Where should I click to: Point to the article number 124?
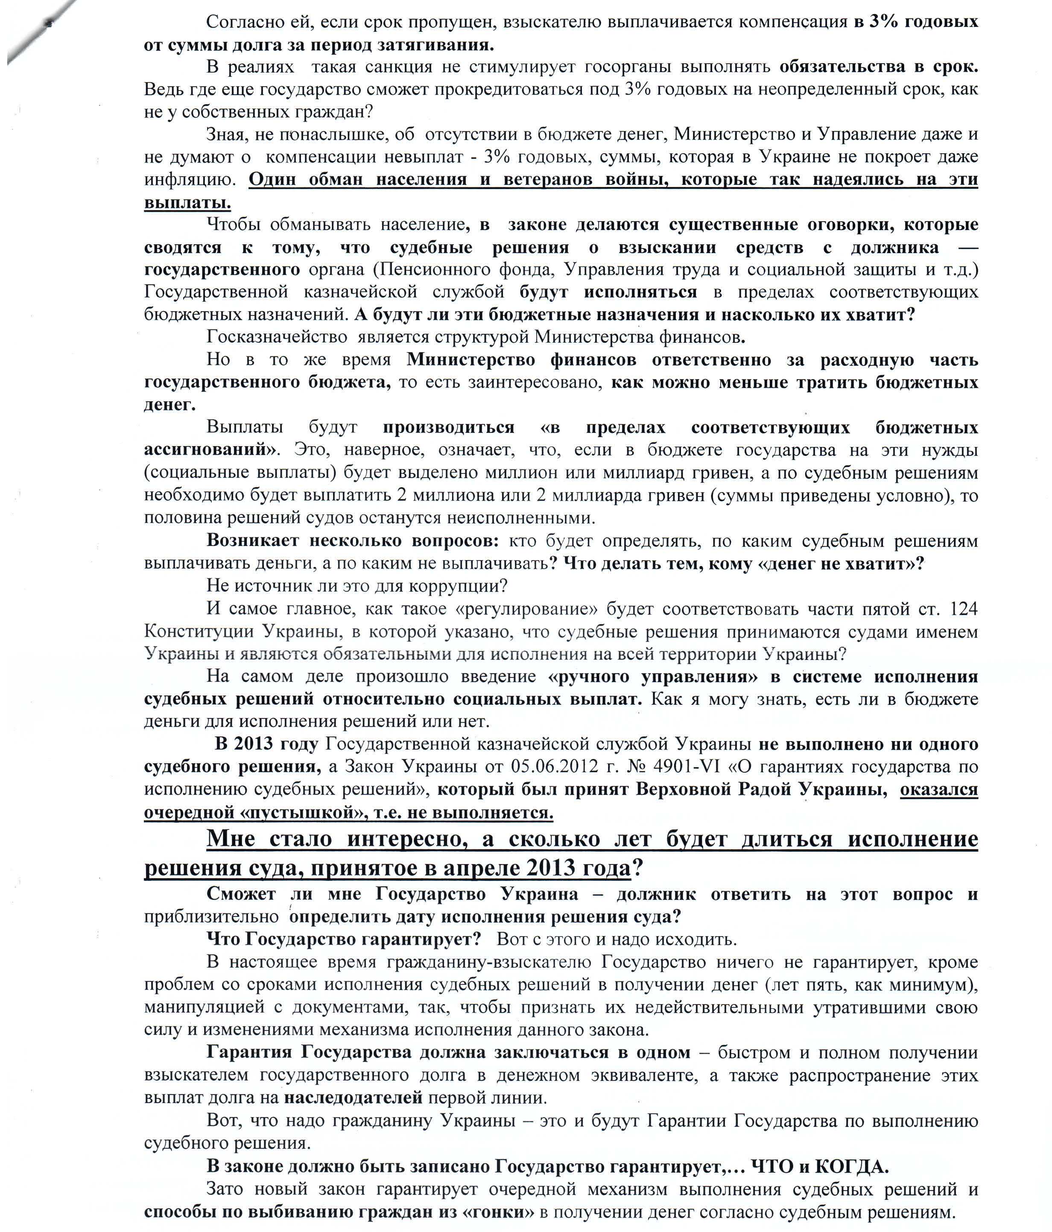[964, 609]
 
